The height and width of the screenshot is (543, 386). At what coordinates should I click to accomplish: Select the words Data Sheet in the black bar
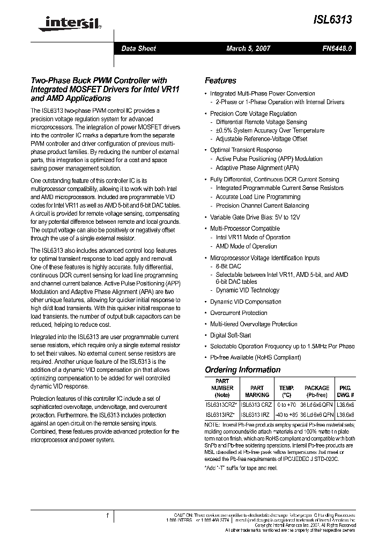pyautogui.click(x=138, y=48)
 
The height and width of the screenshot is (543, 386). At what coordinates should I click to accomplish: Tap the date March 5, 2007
pyautogui.click(x=248, y=48)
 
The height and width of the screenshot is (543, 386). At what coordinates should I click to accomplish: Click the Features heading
pyautogui.click(x=220, y=80)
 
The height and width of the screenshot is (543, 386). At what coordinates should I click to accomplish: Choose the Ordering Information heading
pyautogui.click(x=242, y=370)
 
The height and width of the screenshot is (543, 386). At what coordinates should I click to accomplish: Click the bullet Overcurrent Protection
pyautogui.click(x=239, y=313)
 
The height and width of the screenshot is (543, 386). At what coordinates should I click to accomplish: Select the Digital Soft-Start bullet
pyautogui.click(x=231, y=335)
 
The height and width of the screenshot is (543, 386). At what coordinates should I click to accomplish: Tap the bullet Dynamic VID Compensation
pyautogui.click(x=246, y=302)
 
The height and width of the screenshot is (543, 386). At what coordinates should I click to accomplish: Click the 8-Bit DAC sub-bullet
pyautogui.click(x=228, y=266)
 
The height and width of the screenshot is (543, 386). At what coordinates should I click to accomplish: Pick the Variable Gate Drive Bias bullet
pyautogui.click(x=255, y=217)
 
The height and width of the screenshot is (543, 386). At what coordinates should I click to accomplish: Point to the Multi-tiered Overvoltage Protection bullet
pyautogui.click(x=254, y=324)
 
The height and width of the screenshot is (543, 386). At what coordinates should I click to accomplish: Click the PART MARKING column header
pyautogui.click(x=257, y=391)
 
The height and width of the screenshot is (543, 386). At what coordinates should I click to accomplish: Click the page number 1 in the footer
pyautogui.click(x=107, y=516)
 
